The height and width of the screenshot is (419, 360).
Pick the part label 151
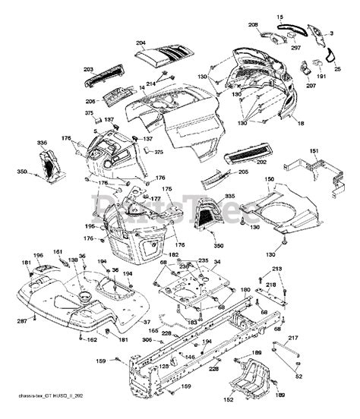pos(311,151)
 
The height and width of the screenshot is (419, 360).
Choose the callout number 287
pos(22,322)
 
